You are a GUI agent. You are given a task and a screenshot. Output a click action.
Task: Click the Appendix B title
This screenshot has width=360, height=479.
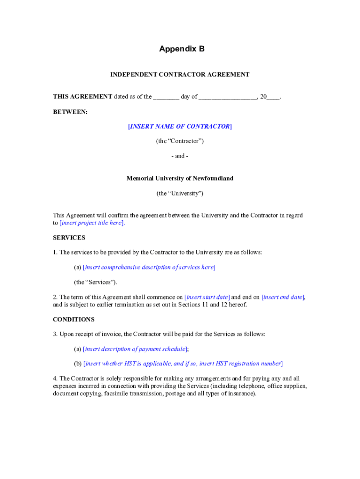[181, 49]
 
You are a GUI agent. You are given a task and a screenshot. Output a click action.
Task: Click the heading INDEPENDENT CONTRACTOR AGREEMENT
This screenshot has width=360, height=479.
[180, 74]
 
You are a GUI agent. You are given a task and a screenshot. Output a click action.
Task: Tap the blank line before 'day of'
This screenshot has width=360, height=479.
[166, 97]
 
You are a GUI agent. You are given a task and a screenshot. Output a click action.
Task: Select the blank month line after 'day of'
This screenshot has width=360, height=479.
[228, 97]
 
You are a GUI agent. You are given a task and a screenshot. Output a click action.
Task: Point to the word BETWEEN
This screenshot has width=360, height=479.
[70, 112]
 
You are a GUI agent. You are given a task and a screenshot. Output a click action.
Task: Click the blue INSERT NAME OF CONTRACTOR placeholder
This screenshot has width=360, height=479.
[180, 126]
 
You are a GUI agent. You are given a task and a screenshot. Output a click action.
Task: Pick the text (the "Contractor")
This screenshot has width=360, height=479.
[180, 141]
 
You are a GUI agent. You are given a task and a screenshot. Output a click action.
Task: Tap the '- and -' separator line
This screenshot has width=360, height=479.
[180, 156]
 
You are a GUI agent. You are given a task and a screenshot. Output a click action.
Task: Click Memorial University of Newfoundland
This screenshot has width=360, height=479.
[180, 178]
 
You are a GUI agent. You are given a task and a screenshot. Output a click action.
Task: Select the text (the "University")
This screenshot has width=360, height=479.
[180, 193]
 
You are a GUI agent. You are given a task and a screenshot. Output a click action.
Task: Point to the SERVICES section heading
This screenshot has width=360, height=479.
[69, 238]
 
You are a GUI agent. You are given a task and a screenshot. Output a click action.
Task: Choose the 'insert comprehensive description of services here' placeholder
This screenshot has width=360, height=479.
[149, 267]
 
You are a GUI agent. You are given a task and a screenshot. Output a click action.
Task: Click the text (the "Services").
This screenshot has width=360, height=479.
[96, 282]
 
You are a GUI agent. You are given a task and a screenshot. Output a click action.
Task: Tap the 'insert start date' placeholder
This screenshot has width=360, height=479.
[208, 297]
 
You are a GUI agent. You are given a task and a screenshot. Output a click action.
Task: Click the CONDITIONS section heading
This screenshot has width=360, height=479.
[74, 319]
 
